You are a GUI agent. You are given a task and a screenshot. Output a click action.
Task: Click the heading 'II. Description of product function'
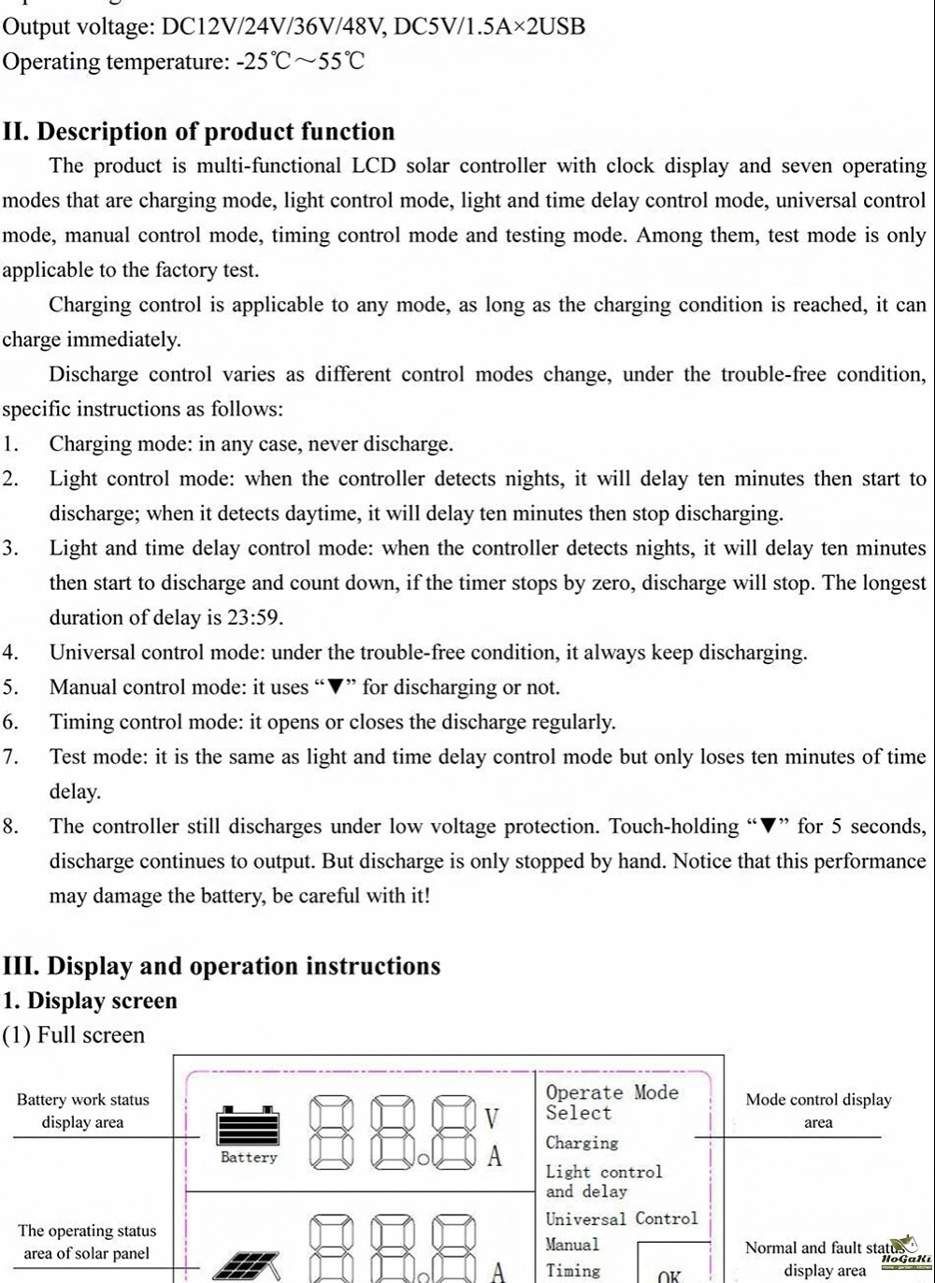198,132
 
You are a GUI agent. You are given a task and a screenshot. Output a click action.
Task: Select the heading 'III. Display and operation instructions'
222,966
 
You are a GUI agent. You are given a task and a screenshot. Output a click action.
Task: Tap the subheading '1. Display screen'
90,1001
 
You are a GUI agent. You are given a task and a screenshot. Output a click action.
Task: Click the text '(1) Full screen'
74,1035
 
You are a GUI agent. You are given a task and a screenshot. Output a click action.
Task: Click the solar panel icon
246,1265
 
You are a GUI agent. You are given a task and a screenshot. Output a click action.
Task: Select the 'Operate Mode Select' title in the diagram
611,1103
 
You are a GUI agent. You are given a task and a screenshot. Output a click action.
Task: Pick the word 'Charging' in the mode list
582,1143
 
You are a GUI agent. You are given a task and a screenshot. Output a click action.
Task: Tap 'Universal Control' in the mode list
622,1218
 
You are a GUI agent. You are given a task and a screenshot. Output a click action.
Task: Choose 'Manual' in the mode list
572,1245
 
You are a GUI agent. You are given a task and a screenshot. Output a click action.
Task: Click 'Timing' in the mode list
573,1270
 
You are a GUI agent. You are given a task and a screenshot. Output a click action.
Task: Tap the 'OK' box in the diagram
669,1275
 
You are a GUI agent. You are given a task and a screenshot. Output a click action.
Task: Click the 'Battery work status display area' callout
82,1111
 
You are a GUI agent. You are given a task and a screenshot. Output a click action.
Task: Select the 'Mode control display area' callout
818,1111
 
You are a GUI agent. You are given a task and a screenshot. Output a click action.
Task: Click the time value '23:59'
255,618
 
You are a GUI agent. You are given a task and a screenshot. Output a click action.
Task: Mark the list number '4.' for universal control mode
10,653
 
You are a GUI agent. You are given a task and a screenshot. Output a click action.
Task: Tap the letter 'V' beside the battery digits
494,1118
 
